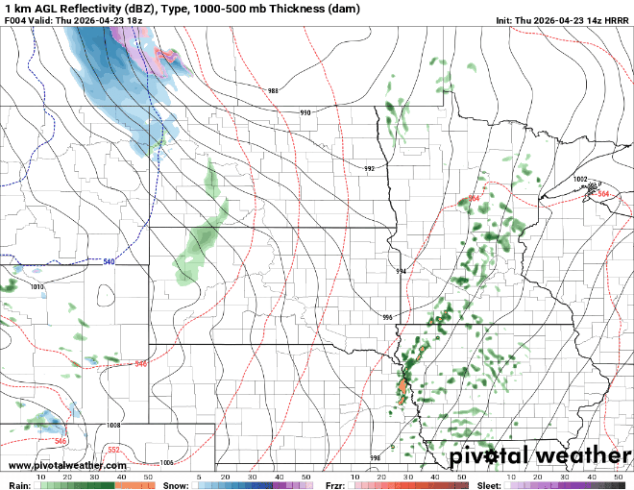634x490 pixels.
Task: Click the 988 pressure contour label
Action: click(273, 91)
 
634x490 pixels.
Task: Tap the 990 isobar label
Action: click(305, 113)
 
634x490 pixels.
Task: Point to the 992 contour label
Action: click(369, 168)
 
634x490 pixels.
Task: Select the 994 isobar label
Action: click(402, 272)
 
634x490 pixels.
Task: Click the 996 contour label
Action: click(387, 317)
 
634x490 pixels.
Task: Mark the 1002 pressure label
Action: click(580, 179)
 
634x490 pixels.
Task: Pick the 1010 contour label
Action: click(37, 286)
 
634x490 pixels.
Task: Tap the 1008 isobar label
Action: click(113, 425)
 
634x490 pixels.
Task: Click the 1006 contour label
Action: click(166, 462)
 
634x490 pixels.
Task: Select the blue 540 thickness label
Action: click(109, 261)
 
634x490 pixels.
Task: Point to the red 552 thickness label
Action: click(112, 449)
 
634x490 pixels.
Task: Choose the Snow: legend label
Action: click(176, 486)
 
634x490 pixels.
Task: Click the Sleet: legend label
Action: click(489, 486)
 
